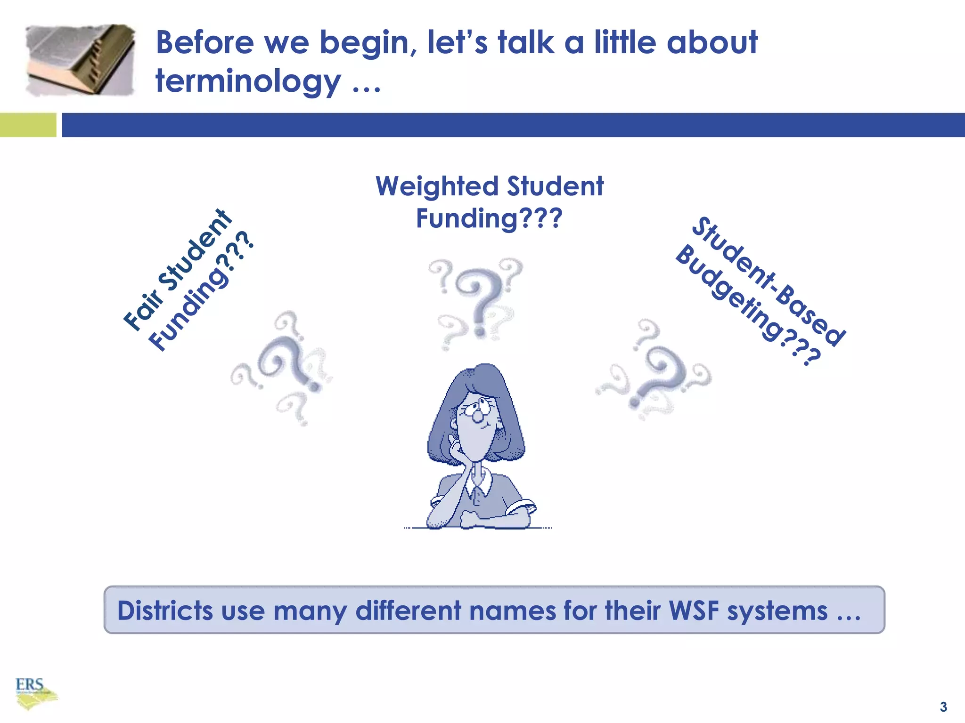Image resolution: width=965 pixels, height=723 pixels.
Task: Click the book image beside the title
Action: click(80, 60)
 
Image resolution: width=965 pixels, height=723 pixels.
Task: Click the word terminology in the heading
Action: click(248, 81)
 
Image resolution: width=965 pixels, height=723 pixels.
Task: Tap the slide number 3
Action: click(943, 707)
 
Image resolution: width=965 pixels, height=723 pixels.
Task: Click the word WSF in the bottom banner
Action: click(694, 611)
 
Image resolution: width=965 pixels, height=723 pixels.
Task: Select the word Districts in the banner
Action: click(165, 611)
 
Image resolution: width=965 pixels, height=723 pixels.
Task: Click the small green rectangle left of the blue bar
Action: click(28, 125)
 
